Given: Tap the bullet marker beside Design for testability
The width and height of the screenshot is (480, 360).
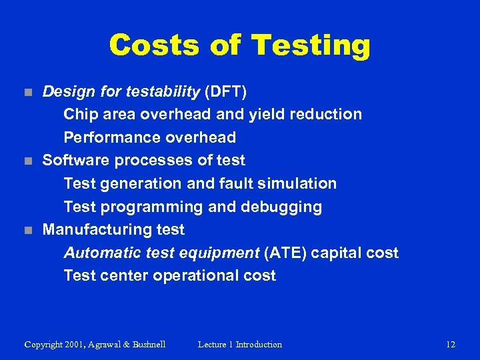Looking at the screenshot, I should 27,91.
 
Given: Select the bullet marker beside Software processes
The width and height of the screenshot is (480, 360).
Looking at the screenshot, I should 27,161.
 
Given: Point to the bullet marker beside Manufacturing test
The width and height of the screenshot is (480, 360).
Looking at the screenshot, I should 27,230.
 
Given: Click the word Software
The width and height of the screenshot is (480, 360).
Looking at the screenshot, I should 77,161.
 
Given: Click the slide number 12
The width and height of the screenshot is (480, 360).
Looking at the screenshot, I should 451,345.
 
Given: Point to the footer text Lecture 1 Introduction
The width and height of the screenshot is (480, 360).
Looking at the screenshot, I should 240,345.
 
